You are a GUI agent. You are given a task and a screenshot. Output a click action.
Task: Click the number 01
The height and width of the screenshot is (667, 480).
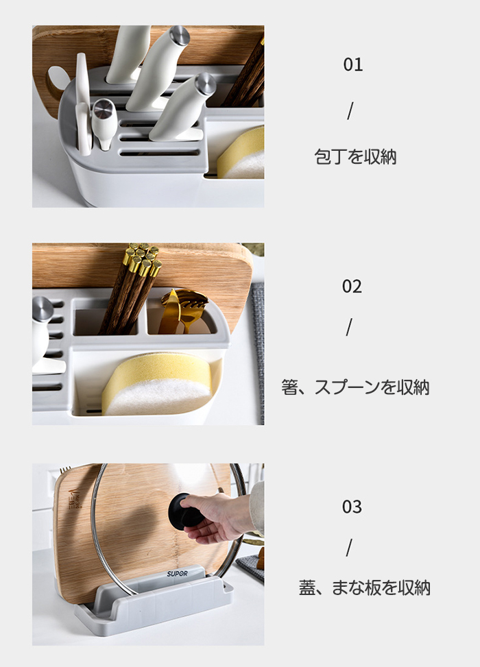(x=352, y=64)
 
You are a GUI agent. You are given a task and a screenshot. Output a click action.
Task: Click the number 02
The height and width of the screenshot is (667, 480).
(x=352, y=287)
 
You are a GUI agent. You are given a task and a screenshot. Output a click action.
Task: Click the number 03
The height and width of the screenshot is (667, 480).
(x=352, y=507)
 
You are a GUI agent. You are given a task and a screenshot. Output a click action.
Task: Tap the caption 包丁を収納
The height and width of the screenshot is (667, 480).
(x=355, y=156)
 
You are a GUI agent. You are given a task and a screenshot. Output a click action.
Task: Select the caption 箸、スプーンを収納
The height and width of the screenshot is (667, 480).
(x=355, y=387)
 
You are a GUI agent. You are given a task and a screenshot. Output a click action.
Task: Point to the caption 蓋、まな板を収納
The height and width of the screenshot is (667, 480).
(x=364, y=587)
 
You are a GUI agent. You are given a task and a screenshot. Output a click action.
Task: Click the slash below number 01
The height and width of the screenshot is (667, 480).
(x=350, y=111)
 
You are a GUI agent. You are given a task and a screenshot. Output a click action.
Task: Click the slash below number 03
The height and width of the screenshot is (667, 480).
(x=349, y=548)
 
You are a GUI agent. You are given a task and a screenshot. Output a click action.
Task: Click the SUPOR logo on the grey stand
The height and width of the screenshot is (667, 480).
(x=177, y=574)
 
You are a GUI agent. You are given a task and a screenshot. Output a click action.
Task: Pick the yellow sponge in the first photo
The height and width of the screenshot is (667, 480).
(x=241, y=153)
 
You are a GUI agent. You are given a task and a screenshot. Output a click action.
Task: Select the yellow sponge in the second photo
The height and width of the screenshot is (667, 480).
(x=158, y=384)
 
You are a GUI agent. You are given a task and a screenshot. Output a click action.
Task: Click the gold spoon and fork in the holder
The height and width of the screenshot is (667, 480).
(x=183, y=310)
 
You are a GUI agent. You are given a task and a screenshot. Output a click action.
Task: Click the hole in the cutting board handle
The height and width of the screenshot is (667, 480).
(x=56, y=80)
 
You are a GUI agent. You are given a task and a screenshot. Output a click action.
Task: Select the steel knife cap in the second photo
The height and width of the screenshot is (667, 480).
(x=42, y=308)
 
